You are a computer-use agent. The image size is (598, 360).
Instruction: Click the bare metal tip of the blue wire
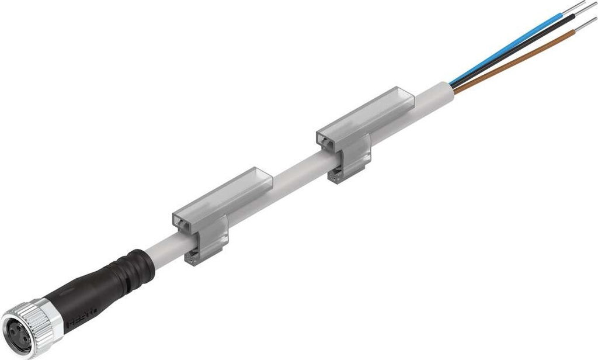575,7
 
